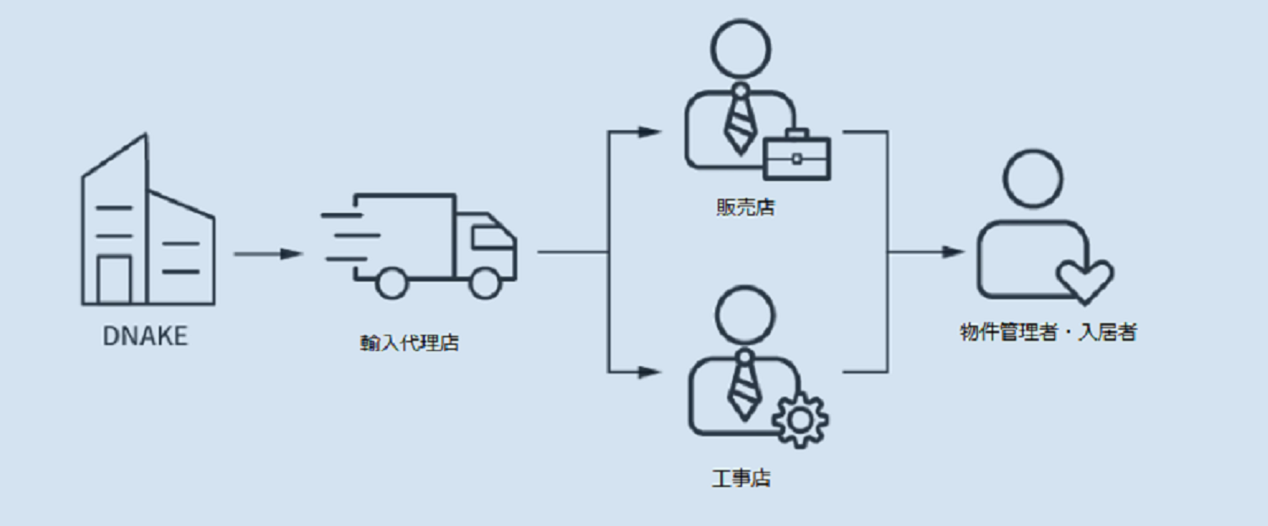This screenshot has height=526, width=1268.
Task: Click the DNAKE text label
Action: tap(145, 337)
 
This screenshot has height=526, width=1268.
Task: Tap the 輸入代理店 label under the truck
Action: tap(409, 343)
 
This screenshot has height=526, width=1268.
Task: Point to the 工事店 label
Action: tap(741, 479)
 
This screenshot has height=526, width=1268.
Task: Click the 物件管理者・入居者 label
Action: tap(1047, 332)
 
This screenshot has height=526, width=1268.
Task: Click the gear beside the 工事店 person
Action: tap(800, 418)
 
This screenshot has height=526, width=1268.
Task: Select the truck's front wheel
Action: tap(484, 282)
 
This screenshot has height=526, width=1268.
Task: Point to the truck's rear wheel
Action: tap(391, 282)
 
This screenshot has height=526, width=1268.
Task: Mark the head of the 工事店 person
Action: tap(744, 313)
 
